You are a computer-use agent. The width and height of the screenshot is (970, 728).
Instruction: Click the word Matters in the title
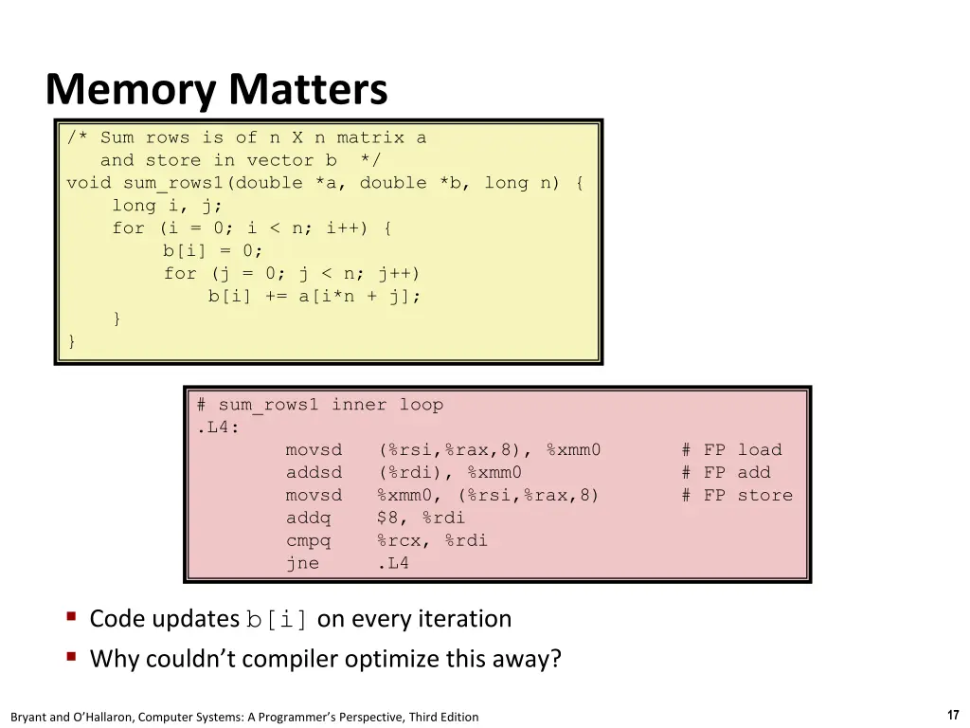pyautogui.click(x=308, y=89)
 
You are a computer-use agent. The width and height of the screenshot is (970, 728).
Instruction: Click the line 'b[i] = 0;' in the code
pyautogui.click(x=213, y=250)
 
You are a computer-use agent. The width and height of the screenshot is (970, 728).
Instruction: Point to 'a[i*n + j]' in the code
pyautogui.click(x=354, y=297)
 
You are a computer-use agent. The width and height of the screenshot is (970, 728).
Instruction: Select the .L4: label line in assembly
pyautogui.click(x=218, y=428)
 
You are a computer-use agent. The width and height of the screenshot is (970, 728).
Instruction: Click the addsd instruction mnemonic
pyautogui.click(x=314, y=473)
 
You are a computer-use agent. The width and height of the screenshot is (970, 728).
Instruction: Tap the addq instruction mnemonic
pyautogui.click(x=308, y=519)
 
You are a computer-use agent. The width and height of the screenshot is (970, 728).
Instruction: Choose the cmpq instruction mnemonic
pyautogui.click(x=308, y=541)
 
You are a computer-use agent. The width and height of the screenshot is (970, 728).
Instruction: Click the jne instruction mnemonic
pyautogui.click(x=302, y=563)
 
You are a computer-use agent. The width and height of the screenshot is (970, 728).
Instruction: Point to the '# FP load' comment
pyautogui.click(x=732, y=450)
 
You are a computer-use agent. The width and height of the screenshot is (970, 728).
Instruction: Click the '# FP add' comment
pyautogui.click(x=727, y=473)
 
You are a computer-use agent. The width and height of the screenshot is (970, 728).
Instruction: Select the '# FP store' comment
pyautogui.click(x=737, y=495)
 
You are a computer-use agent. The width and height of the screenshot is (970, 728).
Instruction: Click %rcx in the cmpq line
pyautogui.click(x=399, y=541)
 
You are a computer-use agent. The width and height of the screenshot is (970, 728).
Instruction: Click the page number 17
pyautogui.click(x=953, y=715)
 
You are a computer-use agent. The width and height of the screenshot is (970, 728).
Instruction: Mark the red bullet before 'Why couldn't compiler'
pyautogui.click(x=72, y=656)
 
